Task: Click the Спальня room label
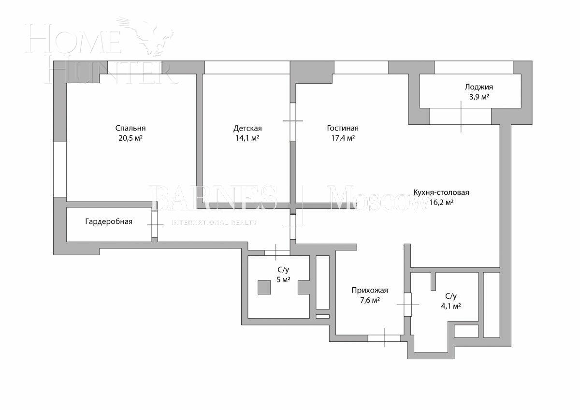point(130,128)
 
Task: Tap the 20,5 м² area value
point(130,138)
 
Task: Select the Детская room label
point(247,128)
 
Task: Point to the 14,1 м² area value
point(247,138)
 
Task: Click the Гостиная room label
point(343,128)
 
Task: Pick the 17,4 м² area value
point(343,138)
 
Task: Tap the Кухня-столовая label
point(441,192)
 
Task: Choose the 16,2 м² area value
point(441,203)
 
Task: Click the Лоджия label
point(478,87)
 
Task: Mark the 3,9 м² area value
point(478,97)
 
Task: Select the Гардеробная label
point(109,221)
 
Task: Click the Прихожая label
point(370,291)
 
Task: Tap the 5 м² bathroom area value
point(283,280)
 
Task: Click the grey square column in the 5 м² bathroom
point(264,287)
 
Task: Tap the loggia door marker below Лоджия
point(461,117)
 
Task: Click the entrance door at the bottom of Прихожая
point(384,338)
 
